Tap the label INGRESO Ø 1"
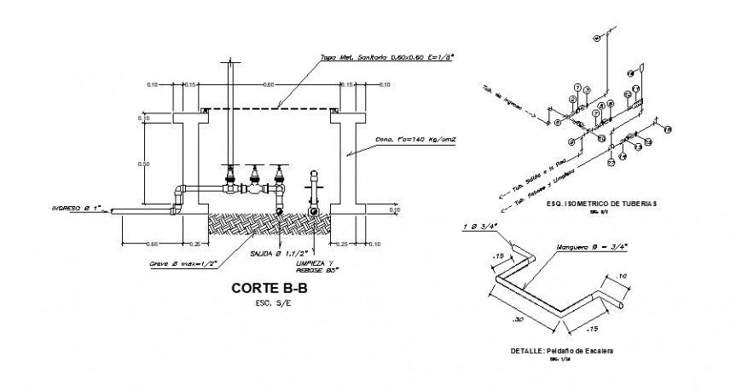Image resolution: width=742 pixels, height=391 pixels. (x=76, y=206)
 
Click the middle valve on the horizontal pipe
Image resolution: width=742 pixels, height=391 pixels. (x=253, y=181)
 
